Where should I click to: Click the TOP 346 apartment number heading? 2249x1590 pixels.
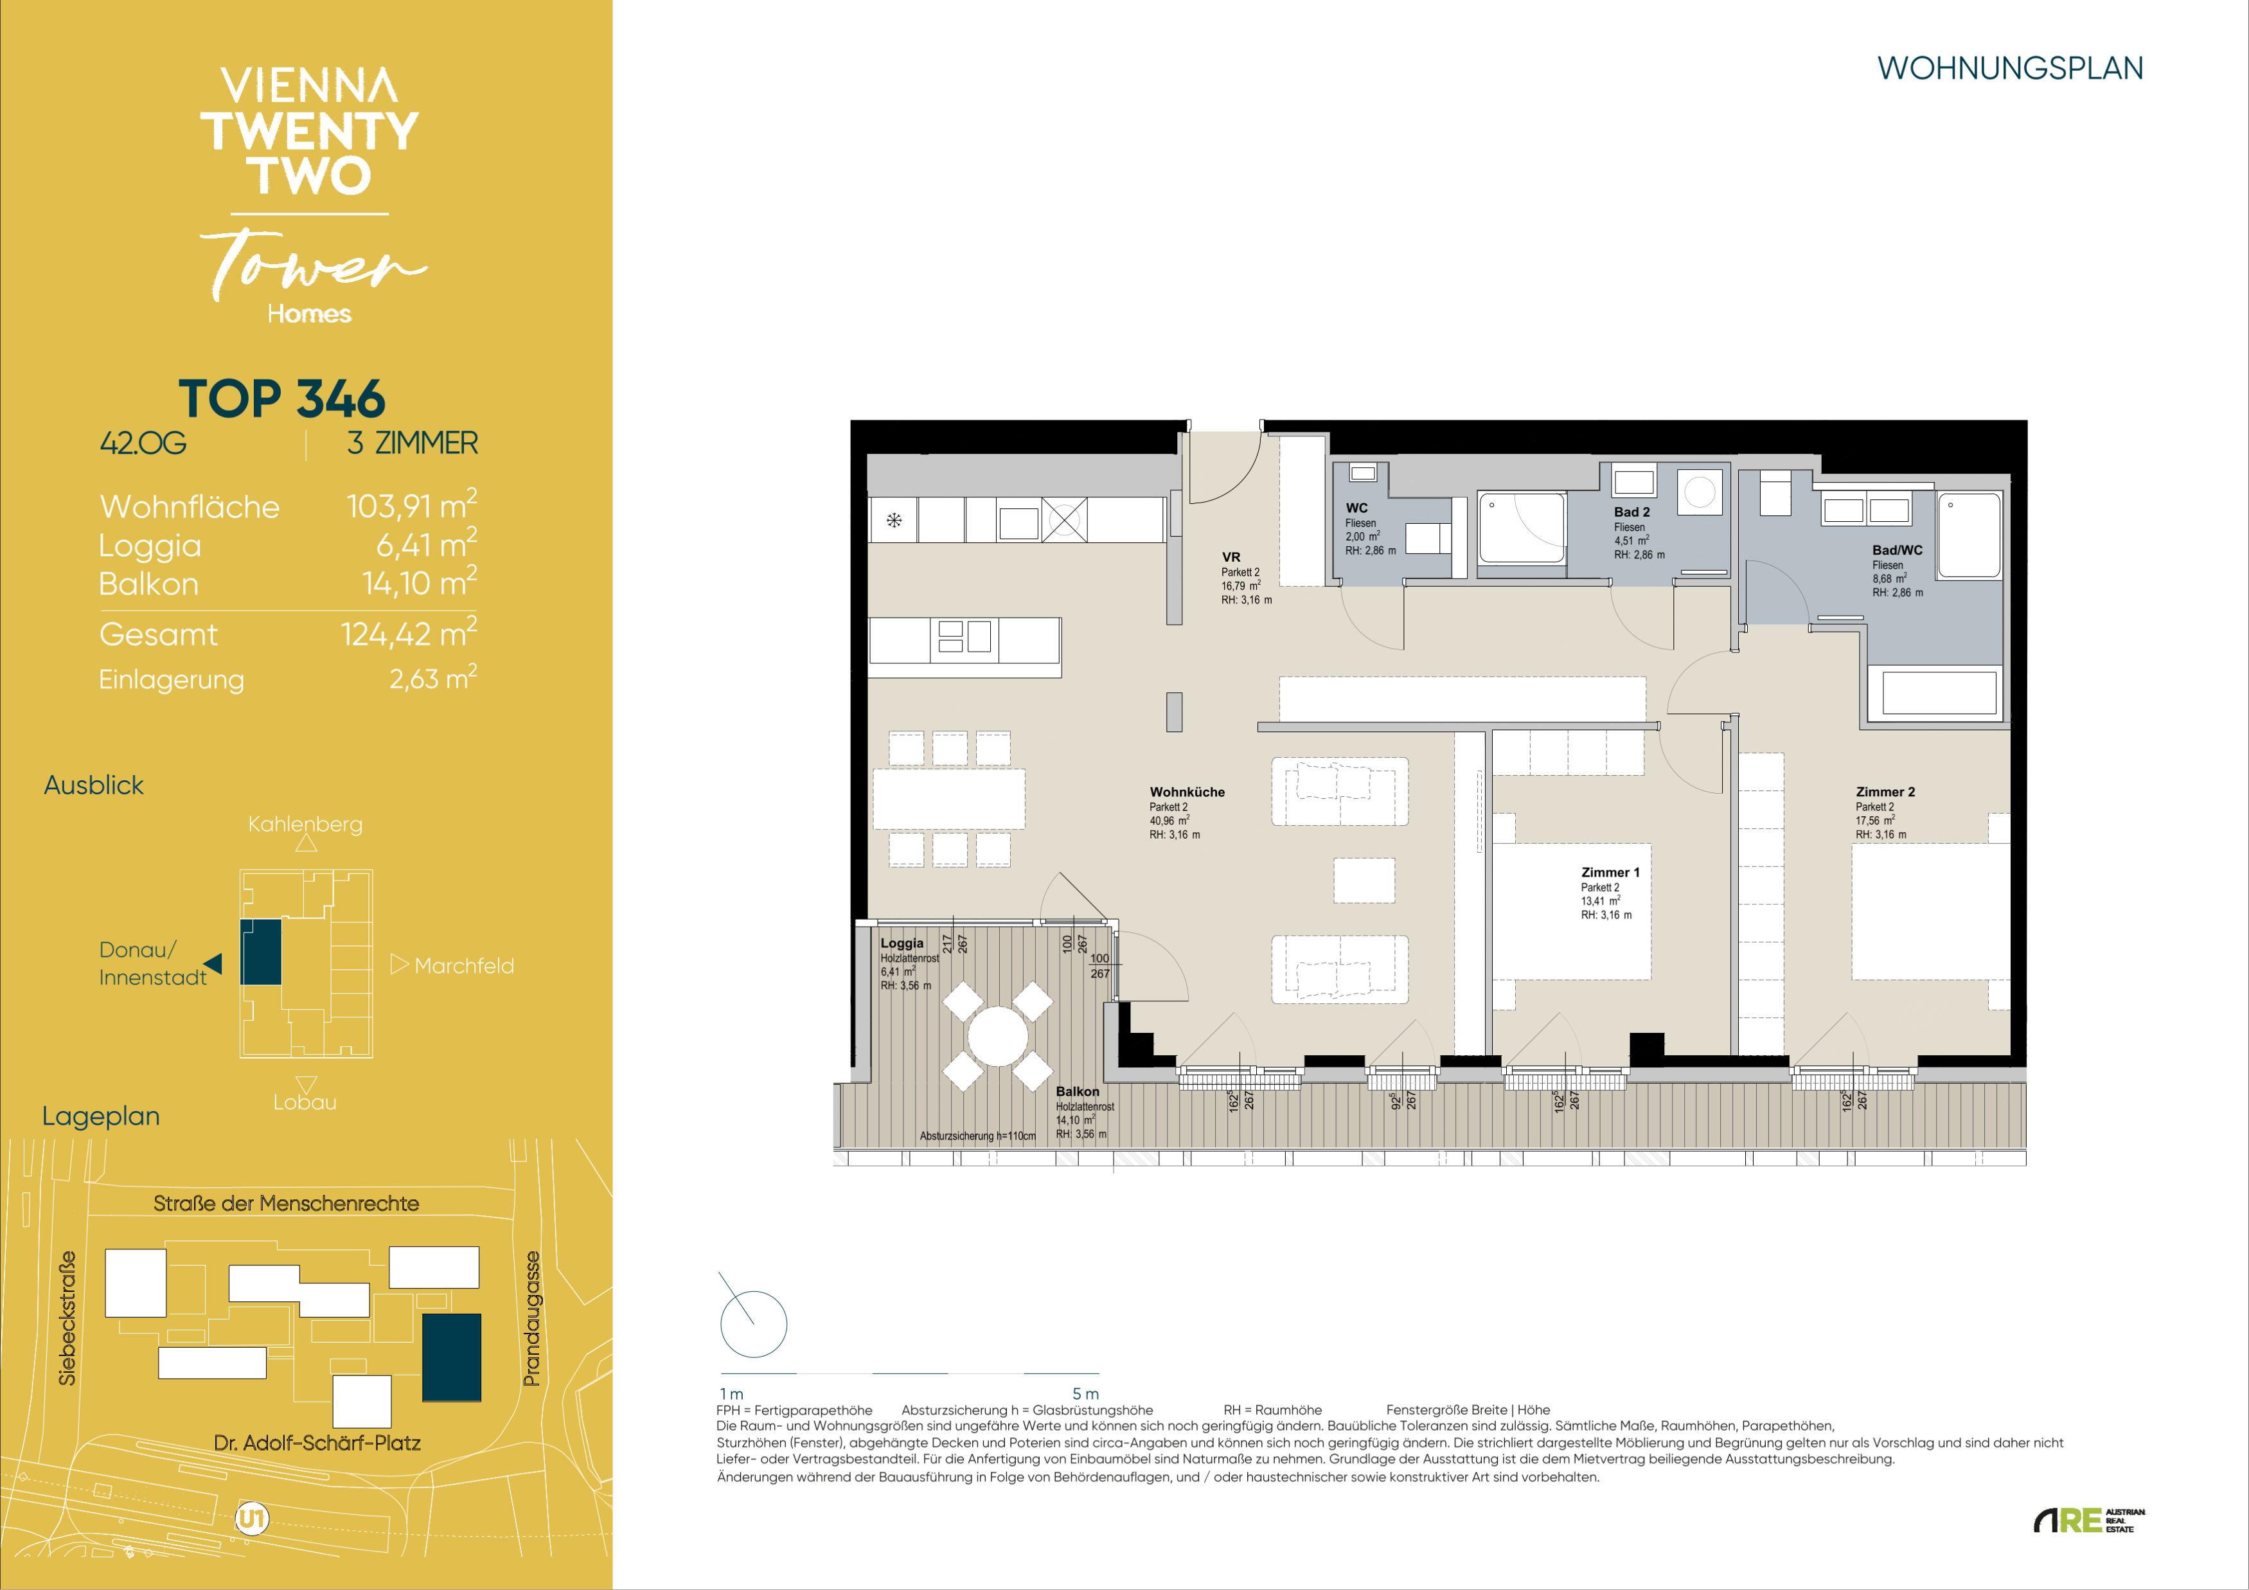282,398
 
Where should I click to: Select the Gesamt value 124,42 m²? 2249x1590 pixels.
409,633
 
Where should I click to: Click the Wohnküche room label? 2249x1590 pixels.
1187,792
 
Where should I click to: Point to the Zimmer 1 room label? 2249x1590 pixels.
1610,872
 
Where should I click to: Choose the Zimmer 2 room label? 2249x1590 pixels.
1885,792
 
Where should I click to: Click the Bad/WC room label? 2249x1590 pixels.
1898,549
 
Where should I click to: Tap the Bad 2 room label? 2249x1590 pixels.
1632,512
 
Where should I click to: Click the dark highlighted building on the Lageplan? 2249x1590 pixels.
452,1357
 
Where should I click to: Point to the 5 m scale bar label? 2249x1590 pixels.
1085,1393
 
